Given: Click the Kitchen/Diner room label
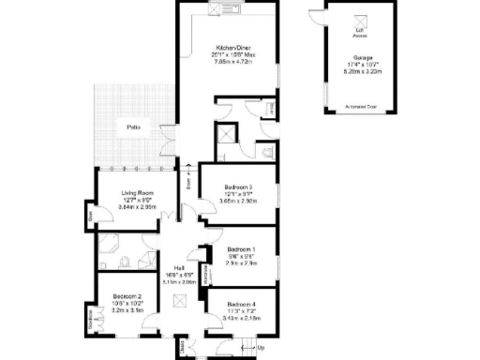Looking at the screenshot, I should coord(233,47).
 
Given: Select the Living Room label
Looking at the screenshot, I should coord(137,193).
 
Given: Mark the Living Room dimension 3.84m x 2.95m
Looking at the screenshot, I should coord(137,207).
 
